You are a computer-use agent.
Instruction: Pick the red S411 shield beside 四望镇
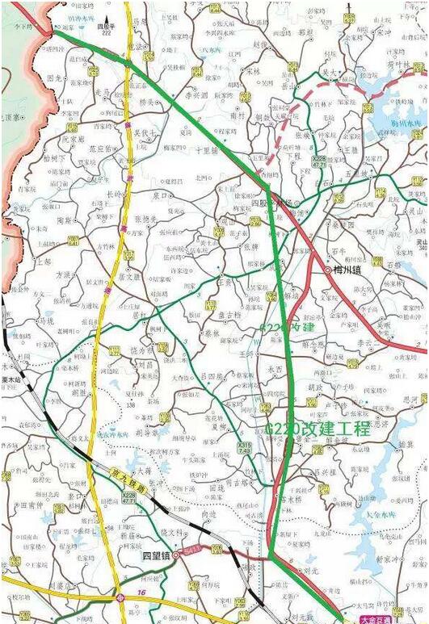click(x=191, y=551)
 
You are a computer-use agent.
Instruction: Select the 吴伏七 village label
click(x=145, y=132)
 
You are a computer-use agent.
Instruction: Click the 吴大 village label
click(x=328, y=73)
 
